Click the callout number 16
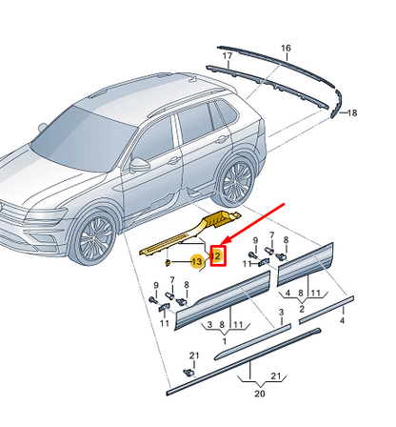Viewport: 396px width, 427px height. click(286, 48)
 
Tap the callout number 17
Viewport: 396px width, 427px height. click(228, 56)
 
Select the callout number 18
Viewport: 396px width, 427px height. click(352, 112)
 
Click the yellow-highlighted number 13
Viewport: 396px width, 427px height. click(197, 261)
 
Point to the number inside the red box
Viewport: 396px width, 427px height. click(216, 255)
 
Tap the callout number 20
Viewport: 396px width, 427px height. click(260, 394)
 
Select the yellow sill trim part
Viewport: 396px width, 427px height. click(190, 234)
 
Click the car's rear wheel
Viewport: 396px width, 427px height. click(235, 180)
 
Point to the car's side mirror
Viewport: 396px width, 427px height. click(139, 164)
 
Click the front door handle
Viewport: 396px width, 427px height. click(173, 160)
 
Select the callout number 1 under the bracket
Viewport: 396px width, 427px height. click(225, 341)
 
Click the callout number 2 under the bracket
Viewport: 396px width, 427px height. click(302, 309)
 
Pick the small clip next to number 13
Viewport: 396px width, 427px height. click(168, 262)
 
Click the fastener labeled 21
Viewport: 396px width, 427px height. click(189, 372)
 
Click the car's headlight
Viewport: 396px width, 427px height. click(45, 215)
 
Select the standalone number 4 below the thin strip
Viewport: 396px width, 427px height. click(342, 320)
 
